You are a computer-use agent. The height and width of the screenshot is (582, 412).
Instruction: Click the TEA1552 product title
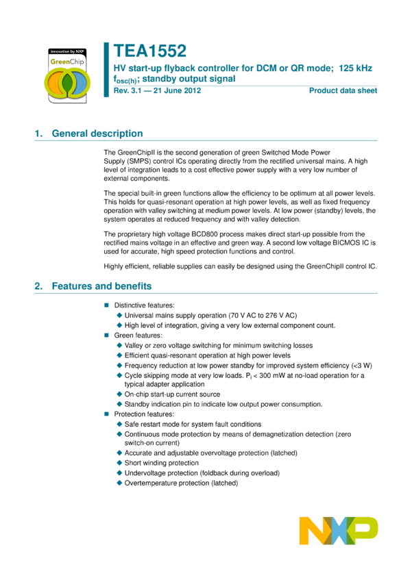point(150,51)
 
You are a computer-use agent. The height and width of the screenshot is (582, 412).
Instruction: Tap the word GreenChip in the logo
point(67,62)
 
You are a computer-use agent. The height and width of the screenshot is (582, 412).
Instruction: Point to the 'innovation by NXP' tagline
point(67,51)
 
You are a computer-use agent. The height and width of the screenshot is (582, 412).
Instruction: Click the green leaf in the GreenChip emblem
point(67,83)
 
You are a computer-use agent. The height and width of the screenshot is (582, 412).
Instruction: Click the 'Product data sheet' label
point(343,90)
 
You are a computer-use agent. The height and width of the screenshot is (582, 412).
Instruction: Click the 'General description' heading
point(97,134)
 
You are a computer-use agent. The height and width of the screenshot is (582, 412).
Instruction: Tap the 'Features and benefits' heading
point(101,286)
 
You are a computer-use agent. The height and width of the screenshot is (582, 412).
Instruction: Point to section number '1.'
point(38,134)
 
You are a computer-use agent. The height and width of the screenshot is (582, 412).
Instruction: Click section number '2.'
point(38,286)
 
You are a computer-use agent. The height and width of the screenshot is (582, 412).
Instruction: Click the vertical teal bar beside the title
point(106,69)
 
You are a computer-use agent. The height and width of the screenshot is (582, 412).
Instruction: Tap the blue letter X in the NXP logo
point(339,531)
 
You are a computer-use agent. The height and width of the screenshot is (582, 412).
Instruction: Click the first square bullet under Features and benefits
point(106,305)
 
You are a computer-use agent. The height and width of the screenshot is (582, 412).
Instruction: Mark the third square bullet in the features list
point(106,414)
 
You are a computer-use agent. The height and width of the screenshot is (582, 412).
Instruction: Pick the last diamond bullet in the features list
point(119,483)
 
